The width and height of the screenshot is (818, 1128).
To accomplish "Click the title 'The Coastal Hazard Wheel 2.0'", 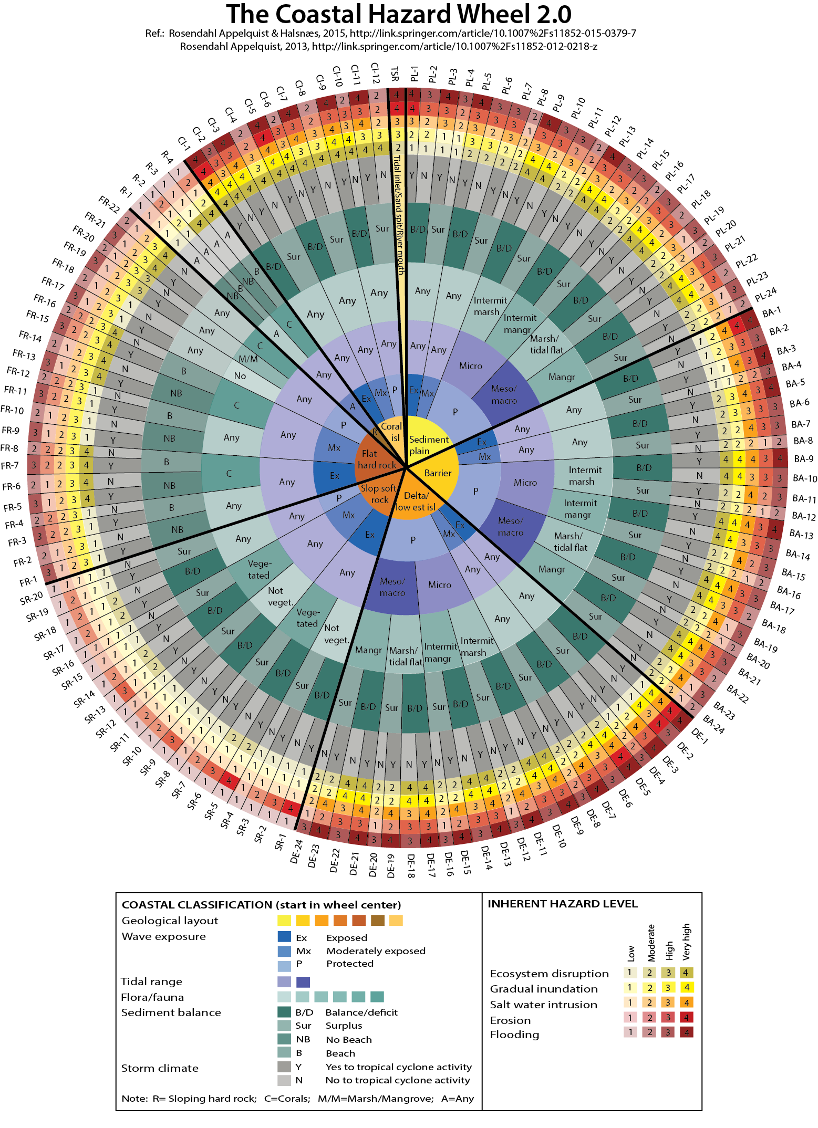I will coord(399,14).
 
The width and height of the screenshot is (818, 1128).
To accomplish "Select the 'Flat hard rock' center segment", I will coord(376,459).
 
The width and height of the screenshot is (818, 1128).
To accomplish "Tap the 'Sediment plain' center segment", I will coord(429,445).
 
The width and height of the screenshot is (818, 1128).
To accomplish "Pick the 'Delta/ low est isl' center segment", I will coord(415,502).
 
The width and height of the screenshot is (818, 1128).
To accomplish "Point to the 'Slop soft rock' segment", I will coord(379,494).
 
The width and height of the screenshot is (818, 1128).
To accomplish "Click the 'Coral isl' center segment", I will coord(391,432).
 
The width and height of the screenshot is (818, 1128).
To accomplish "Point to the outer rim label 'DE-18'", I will coord(411,866).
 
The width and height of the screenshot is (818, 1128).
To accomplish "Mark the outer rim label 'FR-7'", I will coord(10,465).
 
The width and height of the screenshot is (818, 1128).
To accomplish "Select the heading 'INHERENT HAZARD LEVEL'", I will coord(562,904).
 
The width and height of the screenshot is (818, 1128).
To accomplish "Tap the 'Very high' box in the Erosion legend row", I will coord(686,1018).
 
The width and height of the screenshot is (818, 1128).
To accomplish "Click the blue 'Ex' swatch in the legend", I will coord(284,937).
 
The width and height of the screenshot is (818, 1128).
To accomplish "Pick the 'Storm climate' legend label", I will coord(160,1068).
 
